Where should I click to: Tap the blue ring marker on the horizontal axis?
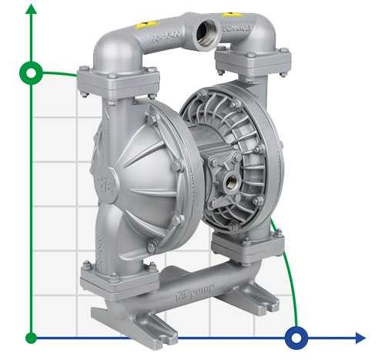pyautogui.click(x=296, y=338)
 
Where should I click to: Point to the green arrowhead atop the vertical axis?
pyautogui.click(x=32, y=9)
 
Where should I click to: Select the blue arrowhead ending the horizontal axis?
pyautogui.click(x=360, y=338)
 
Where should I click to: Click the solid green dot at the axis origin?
pyautogui.click(x=32, y=338)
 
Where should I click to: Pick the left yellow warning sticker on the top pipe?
pyautogui.click(x=140, y=24)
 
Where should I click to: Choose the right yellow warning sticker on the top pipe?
pyautogui.click(x=229, y=15)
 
